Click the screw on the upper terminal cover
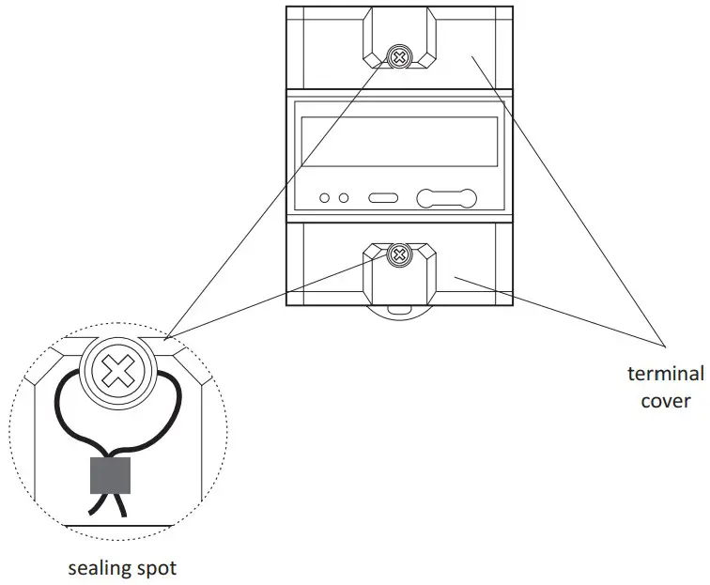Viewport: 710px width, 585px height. coord(399,57)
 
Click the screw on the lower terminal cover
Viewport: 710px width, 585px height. coord(399,254)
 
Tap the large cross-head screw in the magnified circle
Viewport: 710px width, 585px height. coord(117,373)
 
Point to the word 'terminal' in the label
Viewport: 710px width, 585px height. coord(665,374)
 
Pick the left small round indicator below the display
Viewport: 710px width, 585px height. coord(325,198)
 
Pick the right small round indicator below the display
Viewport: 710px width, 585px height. coord(345,198)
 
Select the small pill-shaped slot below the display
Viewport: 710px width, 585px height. coord(383,198)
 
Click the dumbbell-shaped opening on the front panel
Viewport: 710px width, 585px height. coord(447,198)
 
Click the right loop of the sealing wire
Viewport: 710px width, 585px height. coord(167,404)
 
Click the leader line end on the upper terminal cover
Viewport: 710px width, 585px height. coord(472,58)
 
